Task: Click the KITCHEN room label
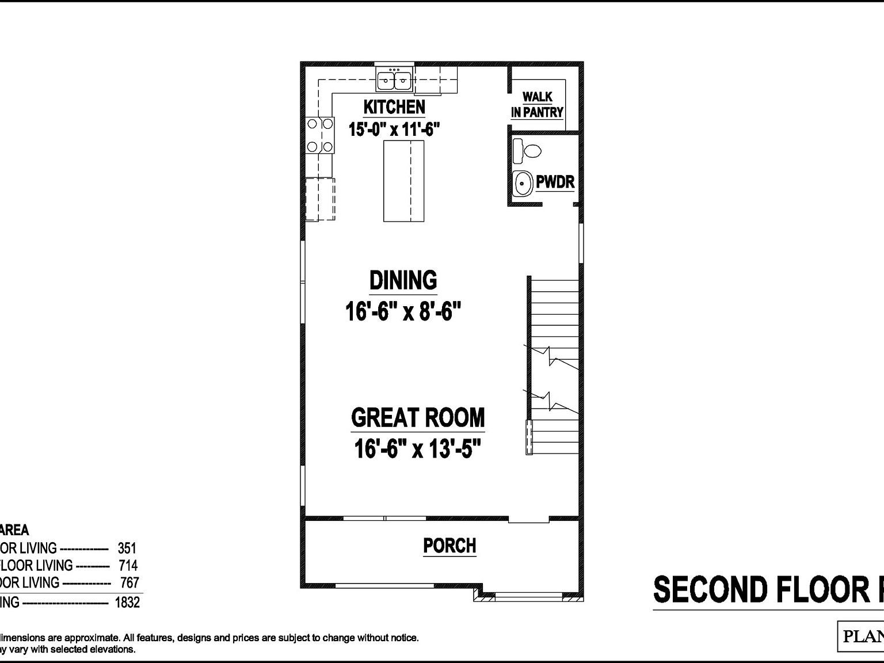tap(394, 107)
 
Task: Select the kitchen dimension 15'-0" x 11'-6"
tap(394, 129)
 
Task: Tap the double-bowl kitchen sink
tap(394, 80)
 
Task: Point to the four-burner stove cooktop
tap(321, 135)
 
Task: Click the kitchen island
tap(404, 181)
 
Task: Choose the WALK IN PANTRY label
tap(537, 105)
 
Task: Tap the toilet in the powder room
tap(527, 151)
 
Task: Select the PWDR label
tap(555, 182)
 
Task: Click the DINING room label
tap(403, 280)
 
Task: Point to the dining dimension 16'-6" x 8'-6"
tap(403, 313)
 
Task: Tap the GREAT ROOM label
tap(418, 417)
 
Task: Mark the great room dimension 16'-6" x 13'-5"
tap(417, 449)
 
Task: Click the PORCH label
tap(449, 546)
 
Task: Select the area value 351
tap(127, 548)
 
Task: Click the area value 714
tap(128, 565)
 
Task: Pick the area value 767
tap(129, 582)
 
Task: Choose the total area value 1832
tap(127, 602)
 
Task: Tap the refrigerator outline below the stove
tap(320, 199)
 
